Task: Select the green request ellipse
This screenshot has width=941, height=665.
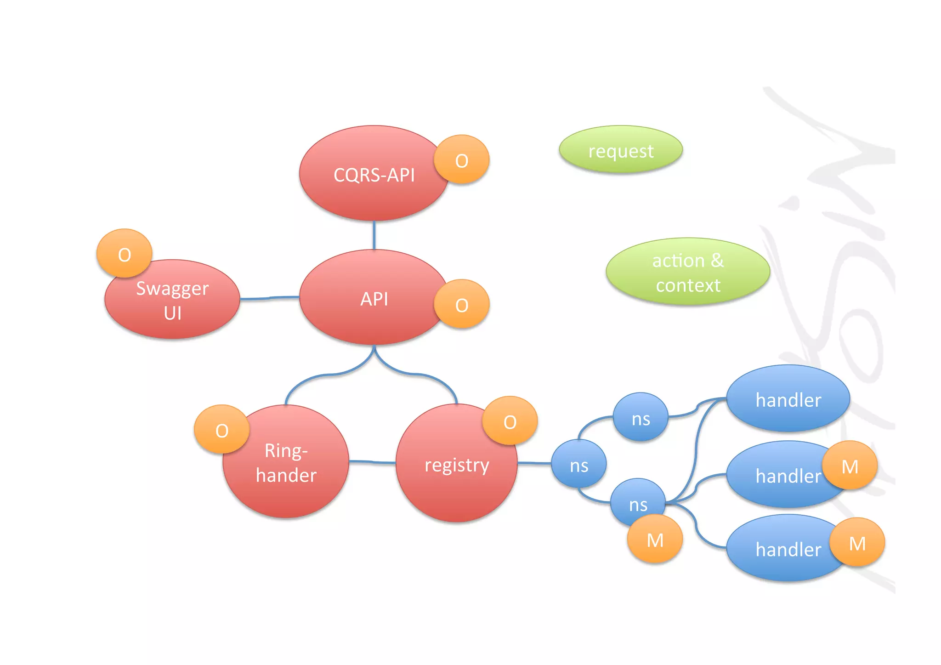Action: tap(620, 151)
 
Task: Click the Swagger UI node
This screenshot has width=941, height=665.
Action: tap(172, 301)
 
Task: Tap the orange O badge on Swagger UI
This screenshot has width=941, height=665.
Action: tap(124, 254)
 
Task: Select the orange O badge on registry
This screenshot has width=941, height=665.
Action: tap(510, 421)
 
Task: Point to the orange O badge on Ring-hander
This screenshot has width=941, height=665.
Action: tap(221, 430)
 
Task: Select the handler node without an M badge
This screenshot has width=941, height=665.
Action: tap(788, 399)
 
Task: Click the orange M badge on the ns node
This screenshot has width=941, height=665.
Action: tap(655, 540)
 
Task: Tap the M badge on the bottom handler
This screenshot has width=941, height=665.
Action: tap(857, 543)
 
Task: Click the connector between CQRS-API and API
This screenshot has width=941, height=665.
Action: tap(374, 235)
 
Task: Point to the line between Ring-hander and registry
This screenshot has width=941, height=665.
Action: tap(372, 462)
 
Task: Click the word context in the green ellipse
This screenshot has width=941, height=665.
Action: tap(687, 285)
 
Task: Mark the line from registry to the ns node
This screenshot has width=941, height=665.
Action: tap(534, 463)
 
